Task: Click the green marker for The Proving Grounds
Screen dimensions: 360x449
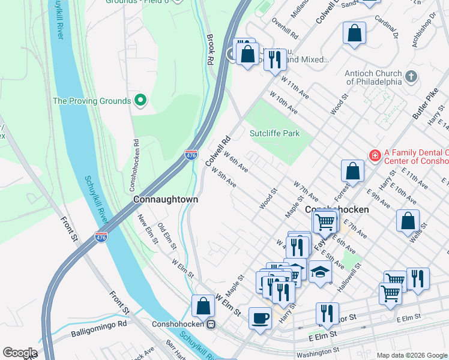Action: click(x=141, y=100)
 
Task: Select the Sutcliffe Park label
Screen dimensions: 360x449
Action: click(x=274, y=133)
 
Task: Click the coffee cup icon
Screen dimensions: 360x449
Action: click(x=260, y=317)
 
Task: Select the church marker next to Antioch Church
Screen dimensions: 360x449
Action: click(x=411, y=76)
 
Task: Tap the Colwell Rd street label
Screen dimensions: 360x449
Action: click(x=218, y=151)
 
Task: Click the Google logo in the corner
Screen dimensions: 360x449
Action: click(x=20, y=353)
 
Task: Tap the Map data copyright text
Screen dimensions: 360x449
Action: click(x=411, y=355)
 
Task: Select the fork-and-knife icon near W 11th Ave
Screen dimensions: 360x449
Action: click(x=275, y=60)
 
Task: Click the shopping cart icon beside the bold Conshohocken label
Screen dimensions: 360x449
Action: click(x=325, y=222)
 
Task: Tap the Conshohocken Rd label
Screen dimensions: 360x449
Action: click(x=136, y=161)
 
